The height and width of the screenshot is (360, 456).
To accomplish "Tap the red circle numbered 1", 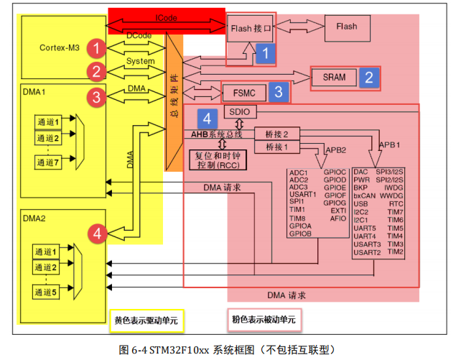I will point(96,48).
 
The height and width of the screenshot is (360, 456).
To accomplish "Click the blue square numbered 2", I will point(368,77).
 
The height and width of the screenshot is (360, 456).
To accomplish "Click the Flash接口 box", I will point(251,29).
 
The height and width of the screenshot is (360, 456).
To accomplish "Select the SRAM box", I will point(335,77).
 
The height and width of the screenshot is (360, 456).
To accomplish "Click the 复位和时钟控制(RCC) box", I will point(216,160).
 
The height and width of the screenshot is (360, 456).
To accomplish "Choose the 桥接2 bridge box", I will point(277,134).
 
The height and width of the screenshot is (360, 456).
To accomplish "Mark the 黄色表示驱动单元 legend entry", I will point(148,320).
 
